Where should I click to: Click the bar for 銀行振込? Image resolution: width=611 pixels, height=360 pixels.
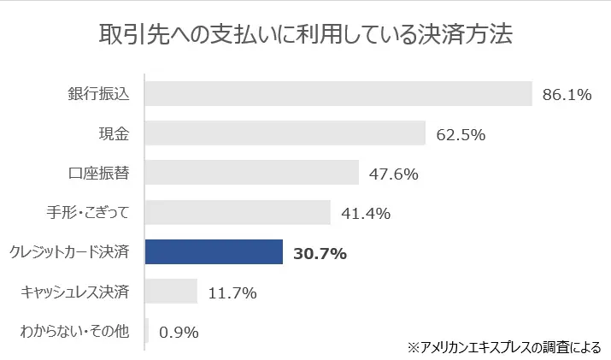tap(338, 94)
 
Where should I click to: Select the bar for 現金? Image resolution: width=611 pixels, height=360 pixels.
tap(285, 133)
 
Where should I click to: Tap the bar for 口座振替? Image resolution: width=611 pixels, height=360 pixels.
tap(252, 173)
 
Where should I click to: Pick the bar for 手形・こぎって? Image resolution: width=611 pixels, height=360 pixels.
tap(238, 213)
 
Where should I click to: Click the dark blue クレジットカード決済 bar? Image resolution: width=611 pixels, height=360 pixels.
tap(214, 252)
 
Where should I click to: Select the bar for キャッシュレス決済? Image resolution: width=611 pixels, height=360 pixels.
tap(171, 292)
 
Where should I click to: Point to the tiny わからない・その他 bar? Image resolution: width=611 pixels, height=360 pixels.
tap(147, 331)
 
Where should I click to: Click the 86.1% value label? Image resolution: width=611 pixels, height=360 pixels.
tap(567, 95)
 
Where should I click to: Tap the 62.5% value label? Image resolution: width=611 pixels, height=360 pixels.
tap(461, 134)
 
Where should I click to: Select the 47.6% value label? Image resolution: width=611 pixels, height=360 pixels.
tap(393, 174)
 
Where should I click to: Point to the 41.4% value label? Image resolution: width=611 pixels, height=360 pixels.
tap(366, 214)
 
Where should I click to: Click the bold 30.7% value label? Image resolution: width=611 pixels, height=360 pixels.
tap(320, 253)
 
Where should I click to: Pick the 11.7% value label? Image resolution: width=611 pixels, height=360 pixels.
tap(232, 292)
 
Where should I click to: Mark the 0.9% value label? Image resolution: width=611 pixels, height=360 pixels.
tap(179, 332)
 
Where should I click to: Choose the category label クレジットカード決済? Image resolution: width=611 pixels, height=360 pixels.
tap(68, 252)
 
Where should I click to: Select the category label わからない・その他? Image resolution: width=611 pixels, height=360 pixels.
tap(74, 331)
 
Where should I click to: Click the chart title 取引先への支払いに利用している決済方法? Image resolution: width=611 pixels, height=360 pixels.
tap(305, 37)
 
